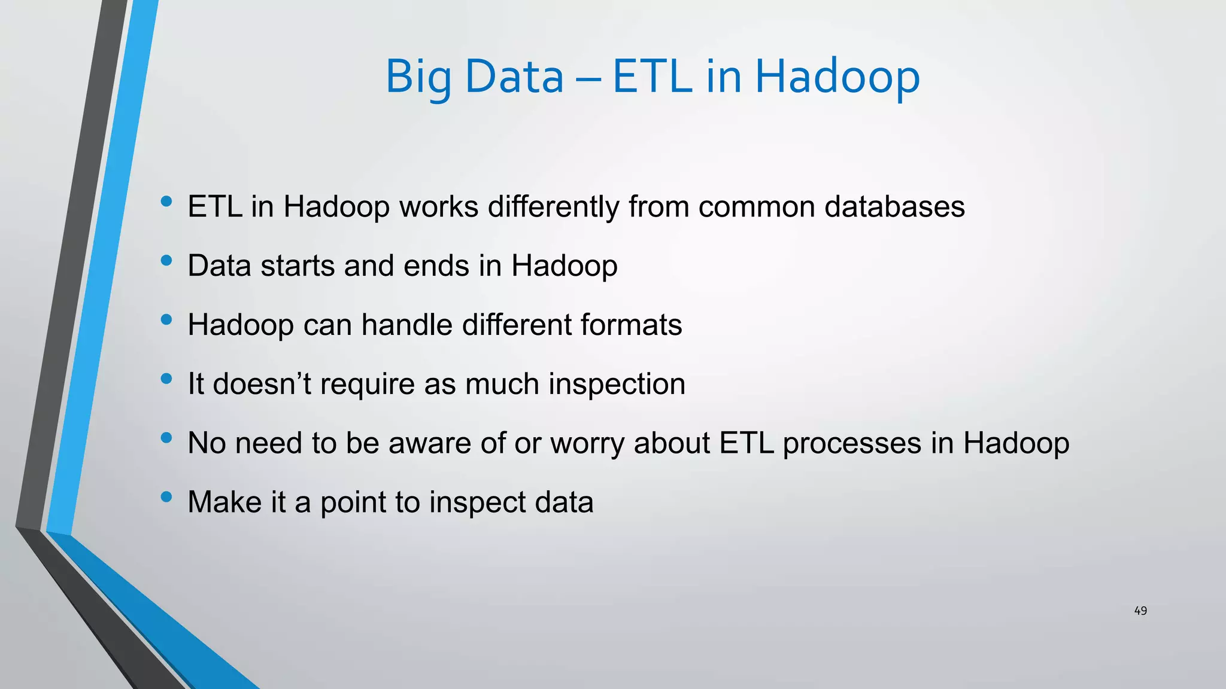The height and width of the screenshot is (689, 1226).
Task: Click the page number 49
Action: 1140,611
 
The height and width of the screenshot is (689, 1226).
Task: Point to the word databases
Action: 894,207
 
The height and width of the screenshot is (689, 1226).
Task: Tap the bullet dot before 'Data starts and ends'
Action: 166,261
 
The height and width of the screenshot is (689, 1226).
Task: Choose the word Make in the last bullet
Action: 224,502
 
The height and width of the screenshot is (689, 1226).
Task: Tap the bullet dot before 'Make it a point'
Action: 166,497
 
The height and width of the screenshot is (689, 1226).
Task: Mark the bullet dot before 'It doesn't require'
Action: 166,379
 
